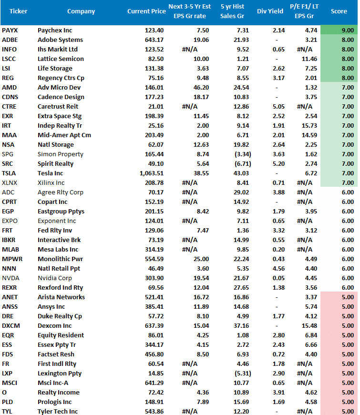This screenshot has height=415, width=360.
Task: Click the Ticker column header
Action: coord(18,11)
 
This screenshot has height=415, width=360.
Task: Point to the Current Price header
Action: coord(145,11)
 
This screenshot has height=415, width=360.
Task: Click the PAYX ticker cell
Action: coord(10,30)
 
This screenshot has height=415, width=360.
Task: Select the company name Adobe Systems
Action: coord(60,40)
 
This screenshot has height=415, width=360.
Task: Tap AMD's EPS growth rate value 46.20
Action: coord(201,88)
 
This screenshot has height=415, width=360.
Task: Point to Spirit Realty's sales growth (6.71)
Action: coord(240,164)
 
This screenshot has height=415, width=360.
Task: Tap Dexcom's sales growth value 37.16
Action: coord(241,326)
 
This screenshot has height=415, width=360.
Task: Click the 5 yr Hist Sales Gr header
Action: coord(233,11)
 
